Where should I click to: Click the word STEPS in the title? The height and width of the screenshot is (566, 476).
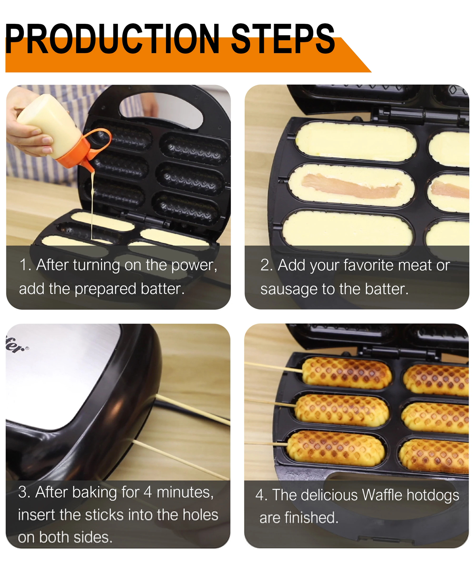point(282,39)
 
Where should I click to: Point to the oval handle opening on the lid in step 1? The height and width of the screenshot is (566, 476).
point(167,109)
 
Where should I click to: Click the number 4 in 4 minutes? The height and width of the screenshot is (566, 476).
point(148,492)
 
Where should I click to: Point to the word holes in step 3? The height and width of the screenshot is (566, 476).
point(200,515)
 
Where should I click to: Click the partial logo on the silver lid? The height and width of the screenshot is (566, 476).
point(16,345)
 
